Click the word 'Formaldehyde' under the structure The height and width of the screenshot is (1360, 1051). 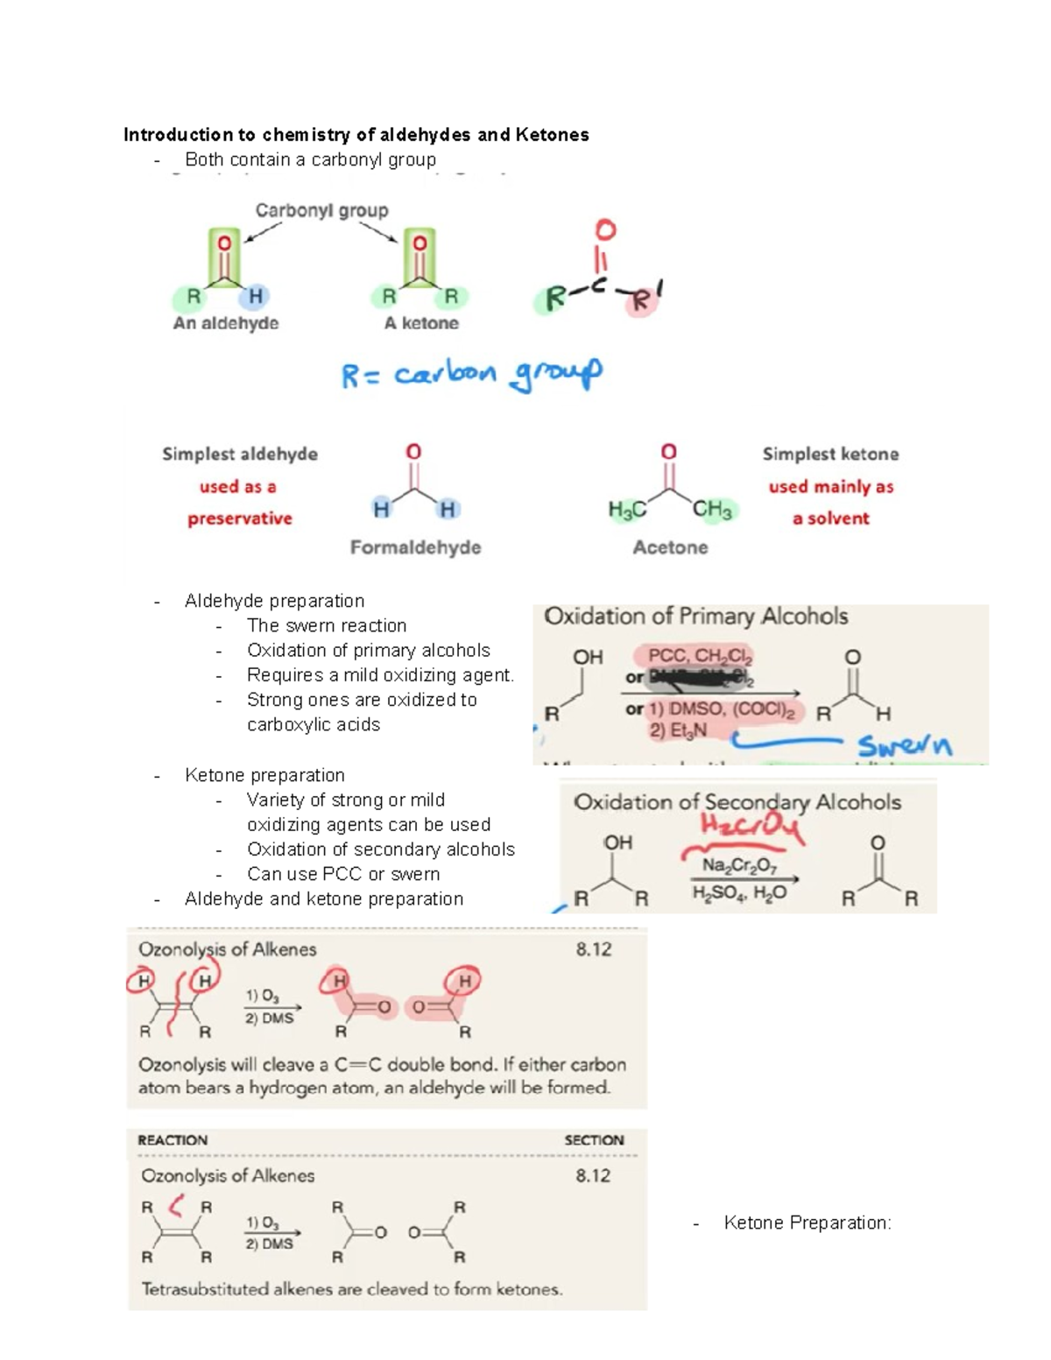point(415,547)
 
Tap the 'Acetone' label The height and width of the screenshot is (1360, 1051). point(670,547)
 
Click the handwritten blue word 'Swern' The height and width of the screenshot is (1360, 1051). point(905,745)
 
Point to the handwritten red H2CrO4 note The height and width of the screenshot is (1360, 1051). point(751,826)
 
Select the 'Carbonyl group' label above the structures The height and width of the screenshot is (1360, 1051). point(321,210)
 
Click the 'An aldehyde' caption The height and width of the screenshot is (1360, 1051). point(226,323)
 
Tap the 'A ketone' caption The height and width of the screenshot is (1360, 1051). point(421,323)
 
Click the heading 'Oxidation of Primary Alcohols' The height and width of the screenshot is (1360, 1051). point(695,617)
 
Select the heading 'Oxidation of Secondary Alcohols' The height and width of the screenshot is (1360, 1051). point(737,802)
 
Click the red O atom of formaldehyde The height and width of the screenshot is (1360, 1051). point(413,452)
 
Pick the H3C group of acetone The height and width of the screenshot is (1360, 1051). point(627,510)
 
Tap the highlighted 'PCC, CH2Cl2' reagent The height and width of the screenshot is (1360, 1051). point(700,656)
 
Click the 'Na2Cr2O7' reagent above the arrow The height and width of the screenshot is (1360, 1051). point(739,866)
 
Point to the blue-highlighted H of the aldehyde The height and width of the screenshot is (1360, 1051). point(255,297)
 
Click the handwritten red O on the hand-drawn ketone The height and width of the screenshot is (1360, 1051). point(605,230)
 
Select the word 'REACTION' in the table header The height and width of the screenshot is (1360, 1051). point(173,1140)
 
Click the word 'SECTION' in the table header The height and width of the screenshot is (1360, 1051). point(594,1140)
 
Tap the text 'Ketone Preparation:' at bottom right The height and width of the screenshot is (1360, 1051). point(807,1223)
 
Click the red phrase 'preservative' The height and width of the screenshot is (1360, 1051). point(239,518)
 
